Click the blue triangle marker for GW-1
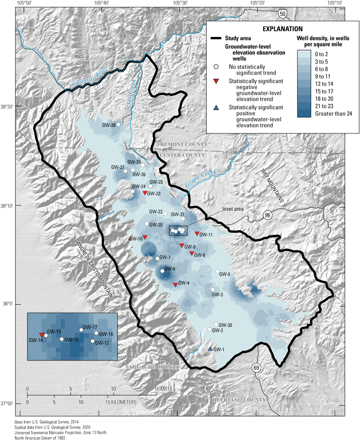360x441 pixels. pyautogui.click(x=210, y=349)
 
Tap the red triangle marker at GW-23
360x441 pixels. pyautogui.click(x=144, y=193)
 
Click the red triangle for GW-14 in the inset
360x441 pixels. pyautogui.click(x=42, y=335)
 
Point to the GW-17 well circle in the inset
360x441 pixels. pyautogui.click(x=81, y=330)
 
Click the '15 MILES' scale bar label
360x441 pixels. pyautogui.click(x=153, y=389)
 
